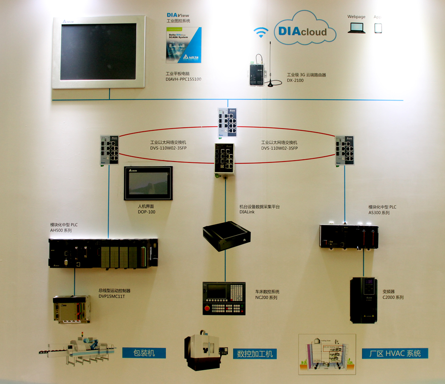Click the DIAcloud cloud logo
coord(302,30)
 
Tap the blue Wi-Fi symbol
coord(261,32)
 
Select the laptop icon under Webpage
coord(356,28)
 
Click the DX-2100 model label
coord(295,81)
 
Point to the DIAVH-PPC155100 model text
coord(183,79)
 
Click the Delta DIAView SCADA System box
coord(183,45)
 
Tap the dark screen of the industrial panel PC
coord(98,52)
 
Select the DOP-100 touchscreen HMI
coord(148,183)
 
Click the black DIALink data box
coord(227,235)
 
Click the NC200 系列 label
coord(266,297)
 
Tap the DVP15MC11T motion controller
coord(71,309)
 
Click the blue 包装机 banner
coord(144,353)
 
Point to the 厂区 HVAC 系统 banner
coord(395,353)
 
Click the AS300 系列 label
coord(379,213)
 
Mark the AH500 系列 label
coord(61,230)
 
